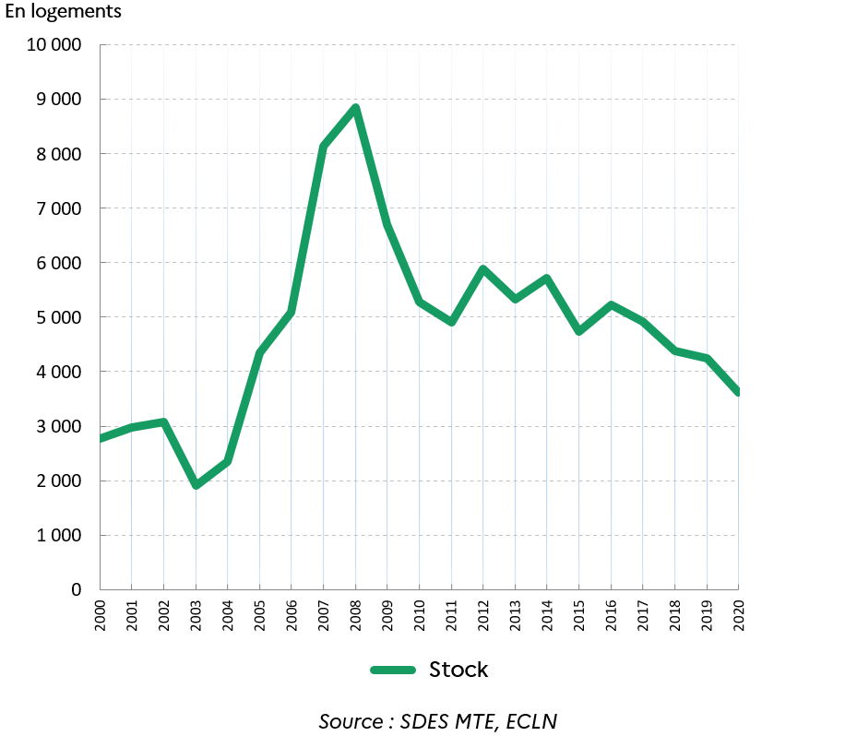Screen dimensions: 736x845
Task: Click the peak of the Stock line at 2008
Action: pos(355,108)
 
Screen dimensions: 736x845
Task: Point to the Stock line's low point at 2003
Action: pos(196,484)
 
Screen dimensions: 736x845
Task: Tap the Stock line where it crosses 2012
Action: pos(482,269)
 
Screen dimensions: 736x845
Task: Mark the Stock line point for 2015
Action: pos(578,330)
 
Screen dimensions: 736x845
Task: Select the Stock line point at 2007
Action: pos(323,147)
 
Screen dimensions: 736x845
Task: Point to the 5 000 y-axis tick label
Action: pos(59,317)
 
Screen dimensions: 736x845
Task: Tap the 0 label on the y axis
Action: pos(77,589)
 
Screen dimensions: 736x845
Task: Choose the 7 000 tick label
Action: pos(59,208)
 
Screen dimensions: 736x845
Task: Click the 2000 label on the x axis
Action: pos(100,613)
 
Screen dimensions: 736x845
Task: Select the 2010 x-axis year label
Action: pos(419,613)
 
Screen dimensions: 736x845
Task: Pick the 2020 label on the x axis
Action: pos(738,613)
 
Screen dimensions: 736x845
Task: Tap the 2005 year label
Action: pos(259,613)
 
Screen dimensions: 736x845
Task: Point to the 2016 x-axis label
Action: pos(611,613)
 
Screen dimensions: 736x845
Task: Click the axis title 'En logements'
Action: pos(63,14)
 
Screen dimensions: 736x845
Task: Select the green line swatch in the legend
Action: pos(393,670)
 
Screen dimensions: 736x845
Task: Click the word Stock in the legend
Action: pos(458,670)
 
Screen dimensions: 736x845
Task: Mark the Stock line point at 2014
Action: pos(547,279)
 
